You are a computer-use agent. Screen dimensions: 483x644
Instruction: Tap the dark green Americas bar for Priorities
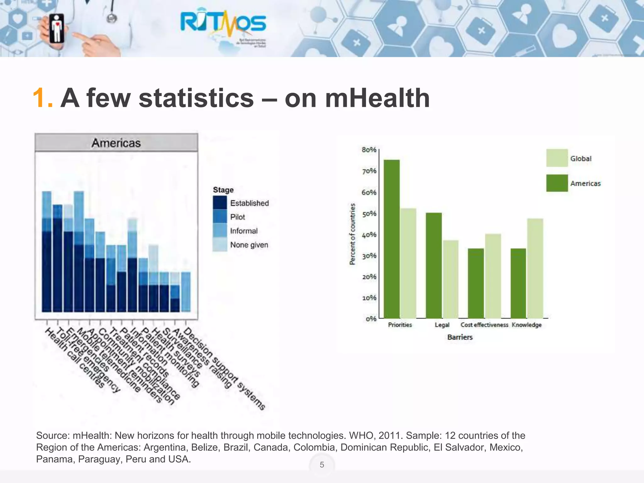coord(392,239)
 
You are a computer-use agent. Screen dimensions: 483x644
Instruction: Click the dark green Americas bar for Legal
coord(434,265)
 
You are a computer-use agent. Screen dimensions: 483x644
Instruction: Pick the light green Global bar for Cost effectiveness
coord(493,276)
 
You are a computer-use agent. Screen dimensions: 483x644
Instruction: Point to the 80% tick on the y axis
coord(369,150)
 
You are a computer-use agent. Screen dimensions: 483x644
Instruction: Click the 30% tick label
coord(369,256)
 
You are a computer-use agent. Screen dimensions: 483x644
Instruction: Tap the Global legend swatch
coord(557,158)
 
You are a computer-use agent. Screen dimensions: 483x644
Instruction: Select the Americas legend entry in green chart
coord(585,183)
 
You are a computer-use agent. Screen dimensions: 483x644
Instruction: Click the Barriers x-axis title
coord(460,337)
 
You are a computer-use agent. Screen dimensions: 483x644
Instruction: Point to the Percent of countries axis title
coord(353,234)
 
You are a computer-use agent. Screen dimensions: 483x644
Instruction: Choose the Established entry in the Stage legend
coord(249,203)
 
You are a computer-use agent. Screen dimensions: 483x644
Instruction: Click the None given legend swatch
coord(220,245)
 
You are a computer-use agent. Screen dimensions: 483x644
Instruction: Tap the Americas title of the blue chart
coord(116,143)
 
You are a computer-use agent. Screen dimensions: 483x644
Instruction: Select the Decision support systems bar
coord(186,292)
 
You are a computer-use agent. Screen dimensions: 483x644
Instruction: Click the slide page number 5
coord(322,465)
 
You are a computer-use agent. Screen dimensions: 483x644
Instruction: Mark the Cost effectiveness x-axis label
coord(484,325)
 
